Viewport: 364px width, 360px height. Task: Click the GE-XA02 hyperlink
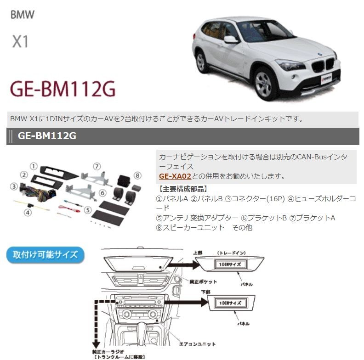pos(175,176)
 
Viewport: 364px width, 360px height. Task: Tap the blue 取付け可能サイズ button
pos(45,255)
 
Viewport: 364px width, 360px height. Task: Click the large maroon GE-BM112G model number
pos(63,89)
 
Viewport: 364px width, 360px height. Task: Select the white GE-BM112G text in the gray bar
pos(47,136)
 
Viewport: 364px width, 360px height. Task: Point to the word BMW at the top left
pos(22,14)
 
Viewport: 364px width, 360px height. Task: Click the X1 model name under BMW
pos(20,42)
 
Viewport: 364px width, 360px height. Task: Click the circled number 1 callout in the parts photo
pos(34,165)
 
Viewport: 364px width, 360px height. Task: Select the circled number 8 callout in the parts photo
pos(136,174)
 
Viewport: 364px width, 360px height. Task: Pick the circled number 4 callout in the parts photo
pos(28,213)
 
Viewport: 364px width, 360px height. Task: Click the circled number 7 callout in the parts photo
pos(96,166)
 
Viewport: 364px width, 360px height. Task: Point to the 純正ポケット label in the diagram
pos(203,281)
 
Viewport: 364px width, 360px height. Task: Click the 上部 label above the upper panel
pos(199,253)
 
